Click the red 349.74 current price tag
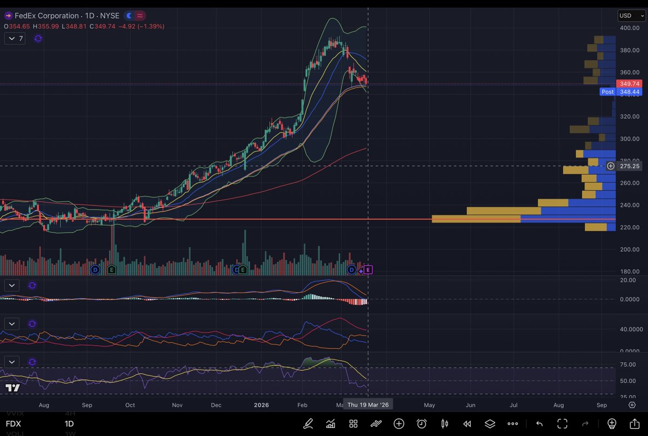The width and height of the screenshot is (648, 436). click(x=629, y=84)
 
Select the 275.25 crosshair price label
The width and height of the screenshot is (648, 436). click(x=630, y=166)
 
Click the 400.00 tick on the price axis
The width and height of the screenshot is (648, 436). click(x=629, y=28)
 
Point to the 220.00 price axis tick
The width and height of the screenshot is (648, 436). click(x=629, y=227)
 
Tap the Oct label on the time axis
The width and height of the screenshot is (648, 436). click(x=130, y=405)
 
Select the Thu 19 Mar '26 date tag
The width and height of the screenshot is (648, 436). click(x=368, y=405)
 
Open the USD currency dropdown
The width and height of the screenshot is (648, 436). click(x=631, y=16)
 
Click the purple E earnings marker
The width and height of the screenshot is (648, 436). click(x=368, y=269)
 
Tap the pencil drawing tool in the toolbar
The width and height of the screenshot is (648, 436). click(x=308, y=424)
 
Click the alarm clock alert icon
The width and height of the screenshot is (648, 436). click(x=422, y=424)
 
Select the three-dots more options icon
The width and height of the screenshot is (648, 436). click(x=512, y=424)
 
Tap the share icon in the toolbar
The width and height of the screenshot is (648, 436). click(x=634, y=424)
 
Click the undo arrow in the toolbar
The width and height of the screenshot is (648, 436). click(x=539, y=424)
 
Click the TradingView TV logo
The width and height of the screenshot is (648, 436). click(x=13, y=388)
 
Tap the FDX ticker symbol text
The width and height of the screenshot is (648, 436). click(x=13, y=424)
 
